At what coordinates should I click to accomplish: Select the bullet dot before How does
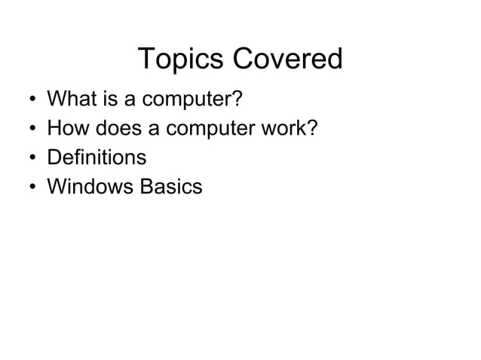pos(28,130)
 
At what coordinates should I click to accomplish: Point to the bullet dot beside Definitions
pos(28,159)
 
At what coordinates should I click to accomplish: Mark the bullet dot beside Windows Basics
pos(28,188)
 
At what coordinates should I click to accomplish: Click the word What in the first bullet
pos(69,99)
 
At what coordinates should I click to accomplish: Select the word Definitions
pos(97,158)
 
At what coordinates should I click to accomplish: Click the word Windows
pos(90,187)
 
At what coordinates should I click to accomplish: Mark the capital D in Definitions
pos(54,158)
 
